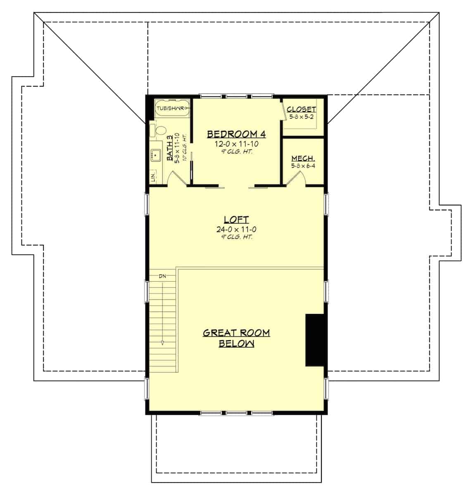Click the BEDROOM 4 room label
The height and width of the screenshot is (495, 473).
pos(236,134)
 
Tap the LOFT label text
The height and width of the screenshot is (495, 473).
pos(236,219)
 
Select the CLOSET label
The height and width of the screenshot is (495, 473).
pos(301,109)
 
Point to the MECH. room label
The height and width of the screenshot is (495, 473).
pos(304,158)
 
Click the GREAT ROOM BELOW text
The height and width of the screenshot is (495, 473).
pos(236,338)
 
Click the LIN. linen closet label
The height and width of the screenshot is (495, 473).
pos(154,177)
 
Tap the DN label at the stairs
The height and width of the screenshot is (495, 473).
pos(162,276)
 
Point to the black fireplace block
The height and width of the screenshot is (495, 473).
pos(314,340)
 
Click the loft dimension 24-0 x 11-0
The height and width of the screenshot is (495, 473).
pos(236,229)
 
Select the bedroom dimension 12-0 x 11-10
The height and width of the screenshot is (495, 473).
pos(236,144)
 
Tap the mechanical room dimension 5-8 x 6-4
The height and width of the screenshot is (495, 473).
pos(304,166)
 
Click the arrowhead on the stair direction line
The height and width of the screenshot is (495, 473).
pos(163,342)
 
